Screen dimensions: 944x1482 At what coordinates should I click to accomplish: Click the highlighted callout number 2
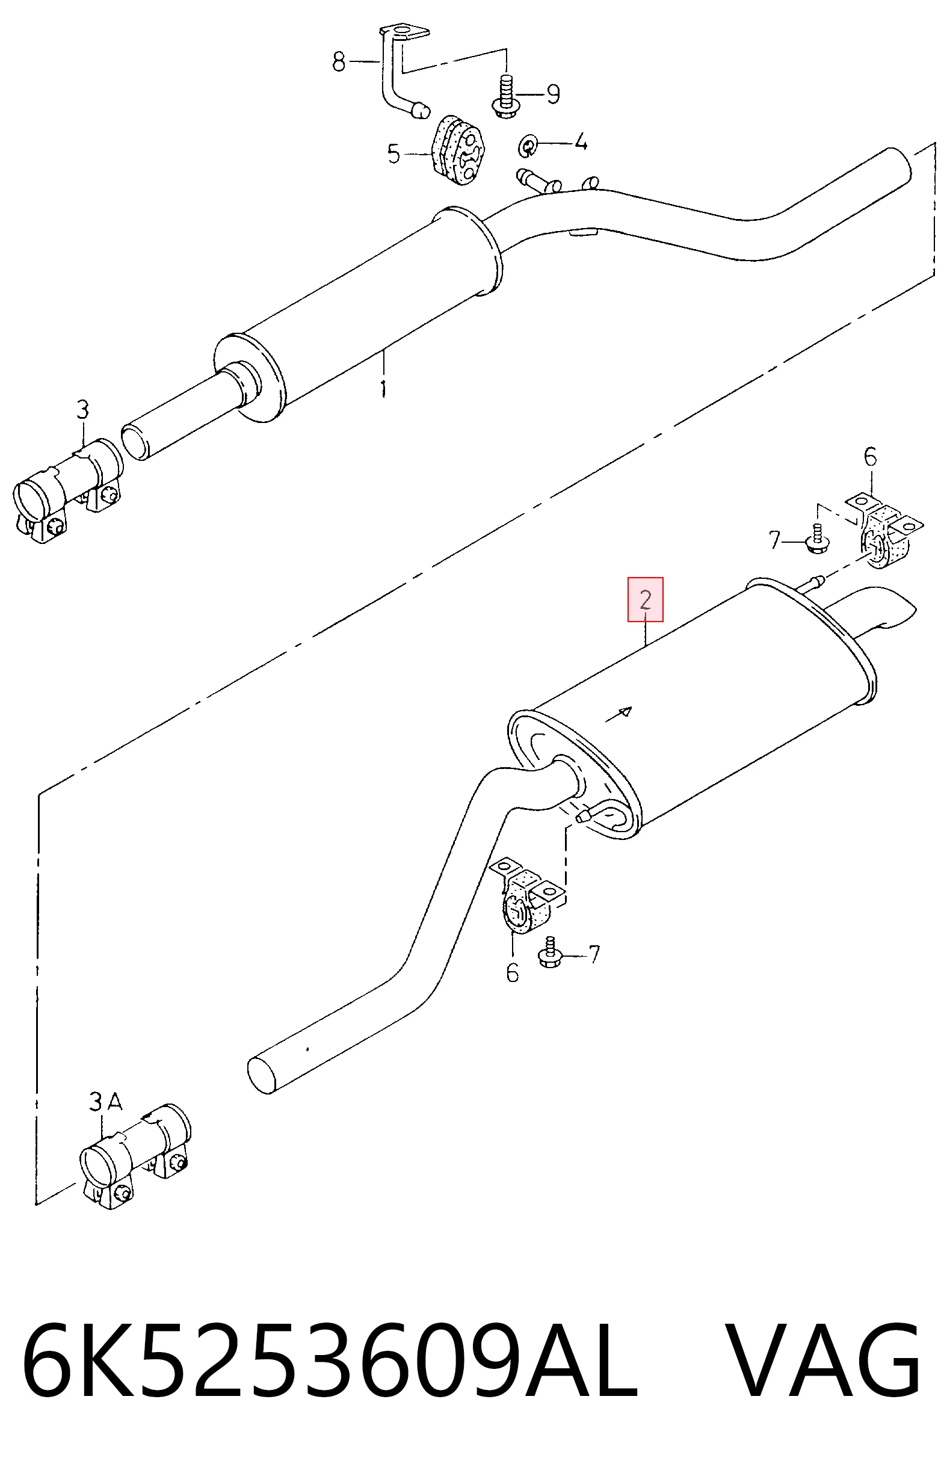645,599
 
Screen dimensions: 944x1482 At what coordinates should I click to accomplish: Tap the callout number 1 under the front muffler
383,388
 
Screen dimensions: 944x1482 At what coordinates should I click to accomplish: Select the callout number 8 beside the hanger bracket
339,61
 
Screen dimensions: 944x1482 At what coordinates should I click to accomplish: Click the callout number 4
581,142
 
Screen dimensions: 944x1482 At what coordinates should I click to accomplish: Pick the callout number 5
394,153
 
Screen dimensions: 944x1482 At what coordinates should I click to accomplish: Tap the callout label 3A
105,1102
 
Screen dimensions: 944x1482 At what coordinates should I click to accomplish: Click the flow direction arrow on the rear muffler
619,715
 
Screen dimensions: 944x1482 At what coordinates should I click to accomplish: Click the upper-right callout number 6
870,457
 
